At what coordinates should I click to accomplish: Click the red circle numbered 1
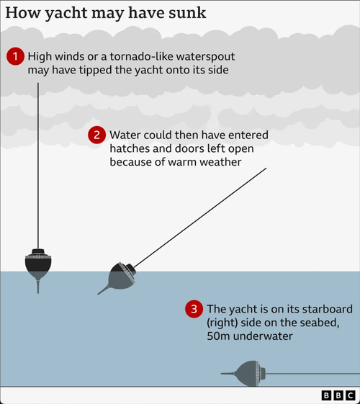[x=15, y=56]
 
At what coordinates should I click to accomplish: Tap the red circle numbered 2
[x=96, y=135]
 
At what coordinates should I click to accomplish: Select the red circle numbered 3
[x=194, y=309]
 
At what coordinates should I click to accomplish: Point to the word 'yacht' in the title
[x=66, y=14]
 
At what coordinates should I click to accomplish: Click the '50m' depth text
[x=218, y=336]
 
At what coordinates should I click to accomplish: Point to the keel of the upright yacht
[x=38, y=287]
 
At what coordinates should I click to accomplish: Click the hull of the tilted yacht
[x=121, y=277]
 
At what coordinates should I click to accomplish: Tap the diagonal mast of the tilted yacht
[x=200, y=218]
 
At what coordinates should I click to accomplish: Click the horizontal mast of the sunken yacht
[x=312, y=373]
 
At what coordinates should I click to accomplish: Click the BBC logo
[x=338, y=395]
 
